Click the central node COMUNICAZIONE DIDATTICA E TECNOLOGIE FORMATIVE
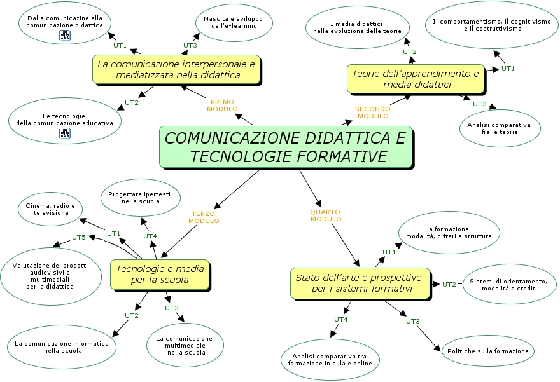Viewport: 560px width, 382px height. coord(285,147)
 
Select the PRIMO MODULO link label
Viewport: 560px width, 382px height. coord(222,106)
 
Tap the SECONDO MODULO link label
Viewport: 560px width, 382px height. coord(373,113)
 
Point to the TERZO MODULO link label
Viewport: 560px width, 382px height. coord(204,217)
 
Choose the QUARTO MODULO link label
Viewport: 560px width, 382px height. coord(326,215)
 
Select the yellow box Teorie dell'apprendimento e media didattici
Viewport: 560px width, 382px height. coord(416,79)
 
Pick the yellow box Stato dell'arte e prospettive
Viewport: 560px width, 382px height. coord(358,283)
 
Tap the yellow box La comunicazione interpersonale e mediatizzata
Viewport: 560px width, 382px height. coord(176,69)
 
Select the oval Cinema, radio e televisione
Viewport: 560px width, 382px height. coord(51,209)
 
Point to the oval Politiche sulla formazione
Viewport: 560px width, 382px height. coord(487,351)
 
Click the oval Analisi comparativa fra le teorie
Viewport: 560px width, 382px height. coord(500,128)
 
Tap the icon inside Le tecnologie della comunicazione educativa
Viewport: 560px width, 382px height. coord(65,133)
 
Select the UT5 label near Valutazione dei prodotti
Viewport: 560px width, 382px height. coord(78,237)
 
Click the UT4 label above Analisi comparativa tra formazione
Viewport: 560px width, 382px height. coord(341,319)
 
